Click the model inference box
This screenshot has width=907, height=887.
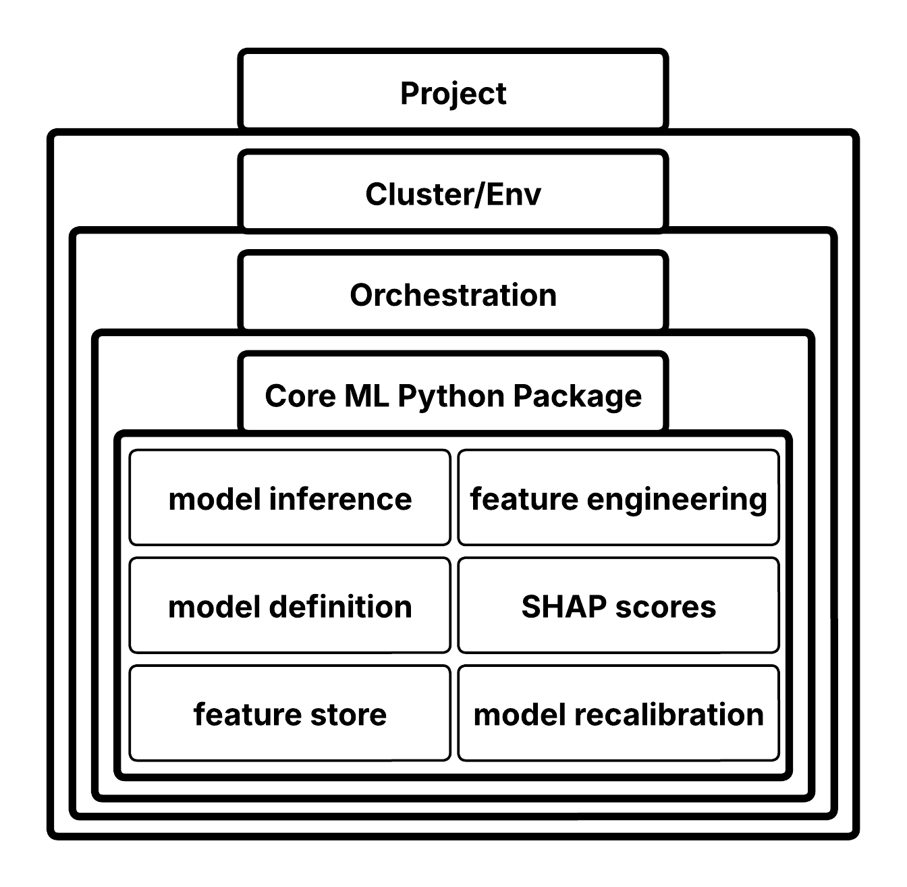click(290, 498)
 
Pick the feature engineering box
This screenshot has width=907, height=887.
click(618, 498)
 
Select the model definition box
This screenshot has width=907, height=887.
click(290, 606)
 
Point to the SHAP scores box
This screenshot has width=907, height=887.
click(618, 606)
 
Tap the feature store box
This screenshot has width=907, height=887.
click(290, 714)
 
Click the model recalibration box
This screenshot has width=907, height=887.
click(618, 714)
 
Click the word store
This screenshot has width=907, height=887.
click(348, 714)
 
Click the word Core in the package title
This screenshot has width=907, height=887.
click(300, 396)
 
